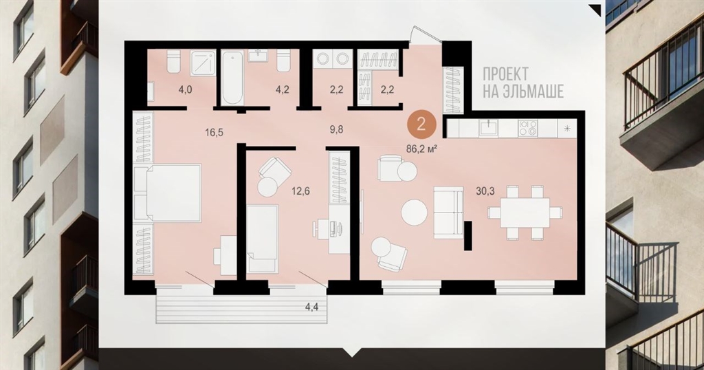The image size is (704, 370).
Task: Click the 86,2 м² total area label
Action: click(x=421, y=149)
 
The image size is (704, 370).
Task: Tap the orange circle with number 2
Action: click(x=421, y=124)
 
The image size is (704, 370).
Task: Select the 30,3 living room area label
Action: click(x=485, y=191)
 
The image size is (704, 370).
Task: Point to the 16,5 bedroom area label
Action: click(x=214, y=132)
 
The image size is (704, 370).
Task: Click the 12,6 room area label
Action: click(x=300, y=191)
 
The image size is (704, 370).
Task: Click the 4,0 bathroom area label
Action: click(x=185, y=90)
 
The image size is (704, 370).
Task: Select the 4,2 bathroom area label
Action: click(x=282, y=89)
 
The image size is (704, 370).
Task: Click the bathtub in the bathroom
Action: click(x=232, y=77)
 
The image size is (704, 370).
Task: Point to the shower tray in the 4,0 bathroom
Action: click(x=203, y=62)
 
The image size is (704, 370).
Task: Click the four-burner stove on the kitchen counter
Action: click(x=527, y=128)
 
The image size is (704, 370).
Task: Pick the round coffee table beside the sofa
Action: click(x=415, y=213)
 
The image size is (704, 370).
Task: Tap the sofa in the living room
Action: click(x=449, y=213)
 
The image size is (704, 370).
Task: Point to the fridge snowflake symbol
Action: click(x=567, y=129)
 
